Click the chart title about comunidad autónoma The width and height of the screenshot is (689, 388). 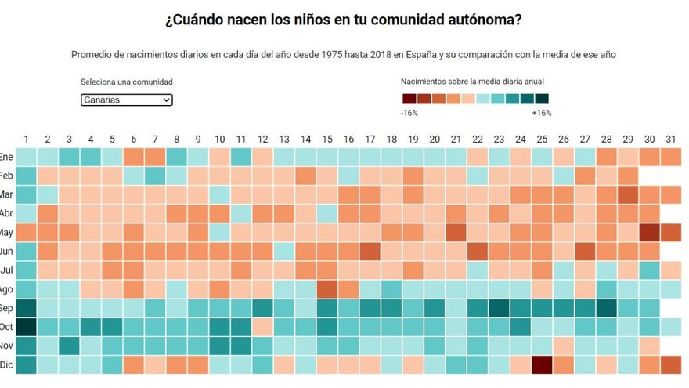click(x=344, y=19)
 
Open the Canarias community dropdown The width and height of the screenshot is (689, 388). click(x=126, y=100)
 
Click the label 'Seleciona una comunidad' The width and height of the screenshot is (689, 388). click(x=126, y=82)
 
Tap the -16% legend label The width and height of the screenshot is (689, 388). click(x=409, y=113)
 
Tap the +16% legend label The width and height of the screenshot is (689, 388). click(x=541, y=113)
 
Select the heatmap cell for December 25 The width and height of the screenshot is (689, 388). click(x=542, y=364)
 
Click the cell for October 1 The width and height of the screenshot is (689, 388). click(x=26, y=326)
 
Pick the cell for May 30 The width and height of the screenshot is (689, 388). click(x=649, y=233)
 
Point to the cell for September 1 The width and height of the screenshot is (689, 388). click(x=26, y=307)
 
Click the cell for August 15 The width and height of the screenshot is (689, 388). click(x=326, y=289)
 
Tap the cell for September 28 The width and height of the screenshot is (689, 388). click(x=606, y=307)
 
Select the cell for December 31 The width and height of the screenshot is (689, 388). click(x=671, y=364)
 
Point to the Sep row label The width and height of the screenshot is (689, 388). click(x=6, y=307)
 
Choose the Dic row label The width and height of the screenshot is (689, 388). click(x=6, y=364)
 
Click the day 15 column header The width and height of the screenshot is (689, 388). click(x=326, y=140)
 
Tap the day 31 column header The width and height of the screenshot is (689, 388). click(x=671, y=140)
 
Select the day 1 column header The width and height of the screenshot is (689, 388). click(x=26, y=140)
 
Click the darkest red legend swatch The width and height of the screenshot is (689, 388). click(x=409, y=99)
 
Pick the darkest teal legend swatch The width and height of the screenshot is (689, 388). click(x=542, y=99)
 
